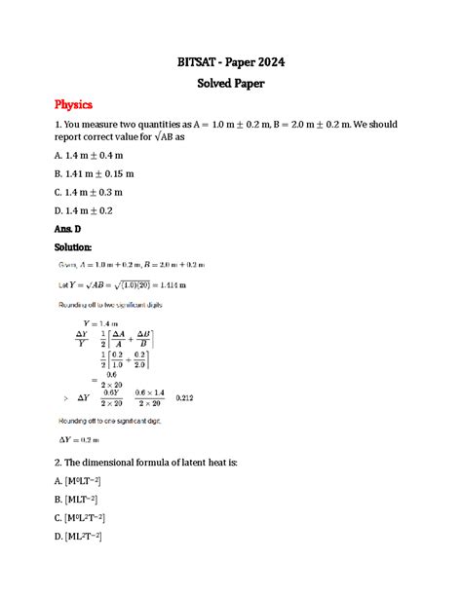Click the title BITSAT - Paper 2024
click(230, 63)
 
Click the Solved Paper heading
click(230, 85)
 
